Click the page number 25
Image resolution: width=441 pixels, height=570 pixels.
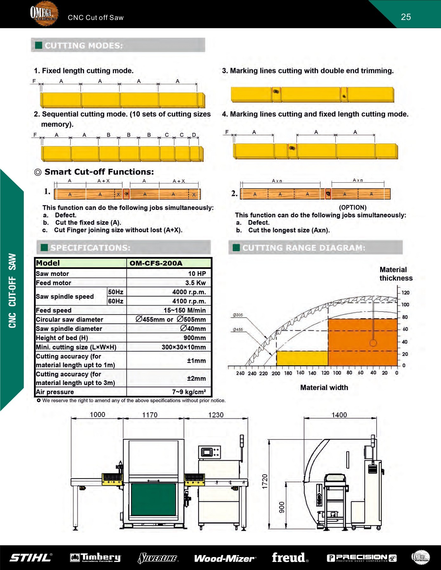coord(406,17)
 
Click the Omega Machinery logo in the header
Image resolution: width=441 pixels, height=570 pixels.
coord(44,14)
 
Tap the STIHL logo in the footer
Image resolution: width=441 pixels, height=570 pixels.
coord(31,558)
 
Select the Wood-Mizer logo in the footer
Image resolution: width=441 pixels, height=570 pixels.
coord(225,558)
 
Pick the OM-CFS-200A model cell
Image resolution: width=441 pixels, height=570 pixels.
coord(156,263)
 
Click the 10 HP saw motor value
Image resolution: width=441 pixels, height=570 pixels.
coord(197,274)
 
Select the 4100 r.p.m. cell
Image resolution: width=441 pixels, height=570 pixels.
coord(189,301)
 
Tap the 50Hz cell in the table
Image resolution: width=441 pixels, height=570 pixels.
coord(116,292)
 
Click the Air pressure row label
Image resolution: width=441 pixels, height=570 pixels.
coord(55,392)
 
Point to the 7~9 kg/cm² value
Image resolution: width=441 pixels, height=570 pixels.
coord(189,392)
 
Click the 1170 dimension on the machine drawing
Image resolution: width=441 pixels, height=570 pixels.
coord(150,415)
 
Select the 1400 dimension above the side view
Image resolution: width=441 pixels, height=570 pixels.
coord(339,415)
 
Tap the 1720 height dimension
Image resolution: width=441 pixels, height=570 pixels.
coord(265,481)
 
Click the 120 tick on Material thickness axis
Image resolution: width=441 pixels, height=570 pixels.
coord(405,293)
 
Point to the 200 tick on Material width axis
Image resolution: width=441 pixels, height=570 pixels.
coord(276,373)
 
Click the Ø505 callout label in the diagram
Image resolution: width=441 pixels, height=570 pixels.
coord(237,315)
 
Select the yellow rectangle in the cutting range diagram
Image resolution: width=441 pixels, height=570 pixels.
coord(302,358)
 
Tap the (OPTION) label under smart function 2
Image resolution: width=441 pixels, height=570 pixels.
coord(353,207)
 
